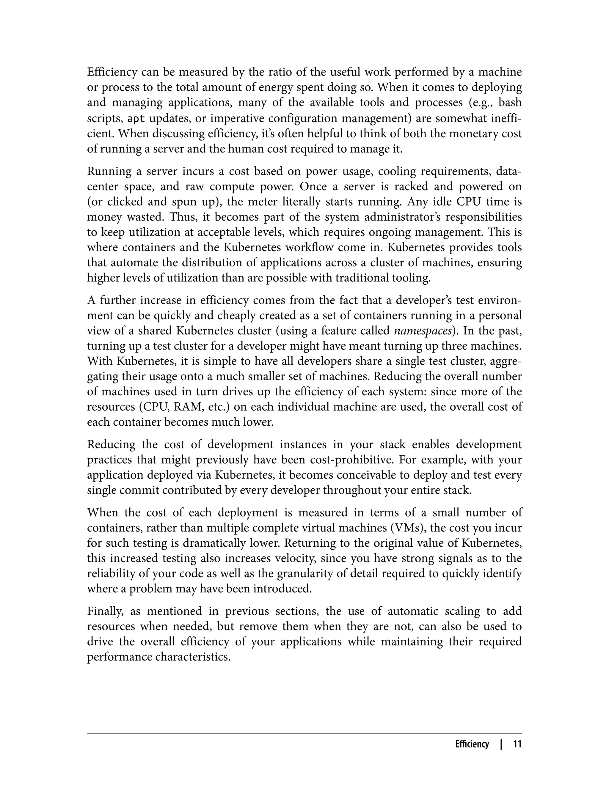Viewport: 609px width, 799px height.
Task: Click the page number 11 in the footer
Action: click(x=517, y=744)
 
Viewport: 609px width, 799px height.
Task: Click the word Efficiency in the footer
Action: click(x=472, y=744)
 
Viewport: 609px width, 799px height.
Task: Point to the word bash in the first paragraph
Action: click(x=510, y=103)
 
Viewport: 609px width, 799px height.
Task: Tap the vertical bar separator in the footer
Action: click(x=501, y=744)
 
